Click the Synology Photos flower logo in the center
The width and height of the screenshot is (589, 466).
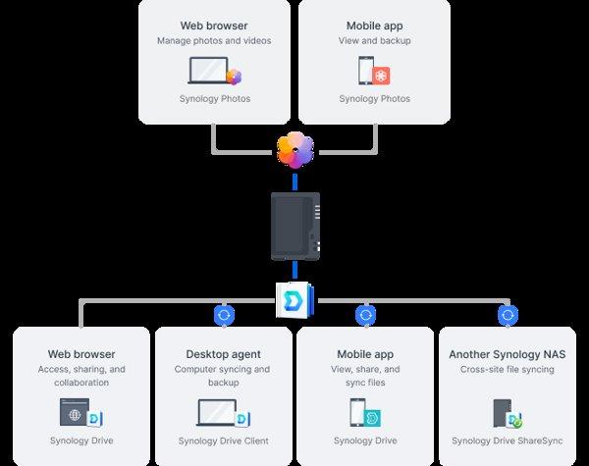point(295,149)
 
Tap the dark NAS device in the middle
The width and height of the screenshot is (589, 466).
point(295,226)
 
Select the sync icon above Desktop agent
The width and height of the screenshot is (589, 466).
point(224,315)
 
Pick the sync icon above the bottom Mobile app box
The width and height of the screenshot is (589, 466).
point(366,315)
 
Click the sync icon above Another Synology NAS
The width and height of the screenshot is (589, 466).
point(508,315)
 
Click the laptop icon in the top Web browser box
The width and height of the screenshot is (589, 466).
point(209,71)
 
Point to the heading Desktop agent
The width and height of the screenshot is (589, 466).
point(224,354)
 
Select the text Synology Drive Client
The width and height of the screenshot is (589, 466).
point(224,440)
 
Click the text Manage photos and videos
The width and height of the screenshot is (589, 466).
point(214,41)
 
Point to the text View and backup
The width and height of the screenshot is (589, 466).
point(374,41)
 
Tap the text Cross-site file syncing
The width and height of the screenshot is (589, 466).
point(508,370)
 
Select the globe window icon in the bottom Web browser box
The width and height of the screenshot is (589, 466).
point(75,412)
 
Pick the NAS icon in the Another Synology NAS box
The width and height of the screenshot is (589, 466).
point(502,412)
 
